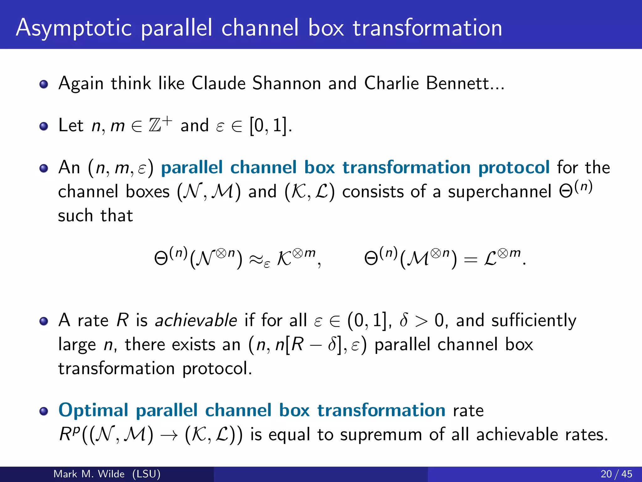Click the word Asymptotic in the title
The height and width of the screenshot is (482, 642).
(x=74, y=28)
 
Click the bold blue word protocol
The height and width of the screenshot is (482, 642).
(x=514, y=167)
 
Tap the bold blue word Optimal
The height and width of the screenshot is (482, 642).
(x=93, y=410)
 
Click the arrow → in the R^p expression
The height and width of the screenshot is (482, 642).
(x=169, y=435)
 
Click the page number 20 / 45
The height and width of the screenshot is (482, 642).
(x=616, y=474)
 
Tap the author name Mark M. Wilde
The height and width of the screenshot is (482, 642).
(x=89, y=474)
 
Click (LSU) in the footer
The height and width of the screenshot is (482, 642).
(x=146, y=474)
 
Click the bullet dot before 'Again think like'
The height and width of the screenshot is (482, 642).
(x=44, y=84)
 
